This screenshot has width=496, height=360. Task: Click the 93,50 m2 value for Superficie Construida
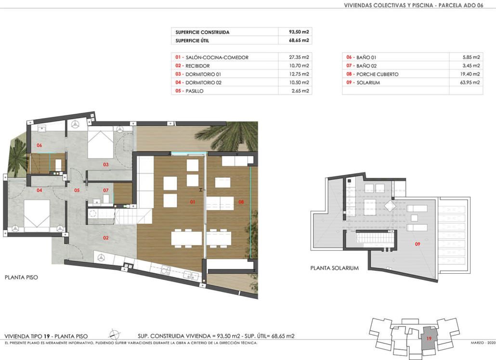coord(299,32)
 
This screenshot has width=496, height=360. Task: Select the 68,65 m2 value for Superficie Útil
coord(299,40)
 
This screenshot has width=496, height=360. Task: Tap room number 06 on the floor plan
coord(39,146)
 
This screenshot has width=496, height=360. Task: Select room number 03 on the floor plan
coord(105,164)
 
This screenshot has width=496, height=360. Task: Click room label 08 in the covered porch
coord(241,202)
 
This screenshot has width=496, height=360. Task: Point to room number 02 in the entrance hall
coord(105,238)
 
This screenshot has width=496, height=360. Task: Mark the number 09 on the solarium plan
coord(418,244)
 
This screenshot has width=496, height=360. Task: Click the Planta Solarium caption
coord(334,268)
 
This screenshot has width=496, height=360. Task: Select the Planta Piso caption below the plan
coord(21,278)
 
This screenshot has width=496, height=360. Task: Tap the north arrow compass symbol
coord(114,334)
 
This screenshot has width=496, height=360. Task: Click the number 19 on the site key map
coord(429,338)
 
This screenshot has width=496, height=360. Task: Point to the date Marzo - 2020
coord(483,343)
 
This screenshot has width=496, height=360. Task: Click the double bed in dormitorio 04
coord(38,214)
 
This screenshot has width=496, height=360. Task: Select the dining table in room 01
coord(187,238)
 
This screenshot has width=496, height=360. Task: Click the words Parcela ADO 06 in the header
coord(461,5)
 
